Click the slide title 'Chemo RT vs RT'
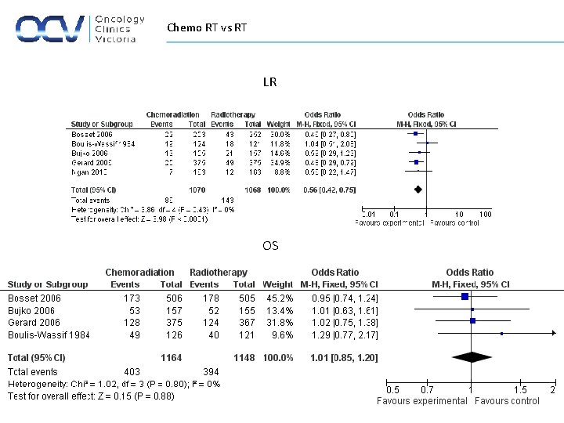pyautogui.click(x=207, y=28)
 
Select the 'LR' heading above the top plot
pyautogui.click(x=269, y=82)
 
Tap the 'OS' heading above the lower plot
pyautogui.click(x=270, y=246)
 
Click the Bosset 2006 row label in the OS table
pyautogui.click(x=34, y=298)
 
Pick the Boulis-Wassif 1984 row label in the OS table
pyautogui.click(x=49, y=334)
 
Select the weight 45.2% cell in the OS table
pyautogui.click(x=280, y=298)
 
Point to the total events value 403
pyautogui.click(x=132, y=371)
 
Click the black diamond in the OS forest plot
pyautogui.click(x=472, y=357)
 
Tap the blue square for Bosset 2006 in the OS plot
pyautogui.click(x=465, y=297)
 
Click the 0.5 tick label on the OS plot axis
pyautogui.click(x=392, y=390)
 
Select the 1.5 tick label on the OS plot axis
pyautogui.click(x=520, y=390)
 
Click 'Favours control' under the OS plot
pyautogui.click(x=508, y=401)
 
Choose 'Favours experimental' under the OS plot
pyautogui.click(x=421, y=401)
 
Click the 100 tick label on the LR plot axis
pyautogui.click(x=485, y=214)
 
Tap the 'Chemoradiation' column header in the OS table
pyautogui.click(x=139, y=273)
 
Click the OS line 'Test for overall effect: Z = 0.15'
pyautogui.click(x=91, y=396)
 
